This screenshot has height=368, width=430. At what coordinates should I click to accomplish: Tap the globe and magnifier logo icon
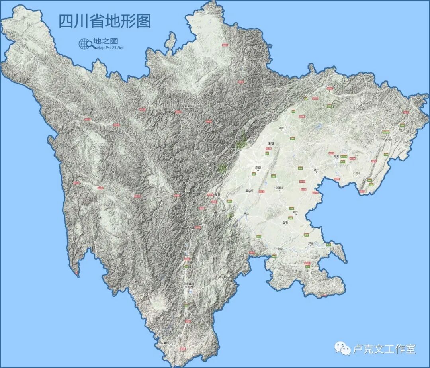(x=85, y=44)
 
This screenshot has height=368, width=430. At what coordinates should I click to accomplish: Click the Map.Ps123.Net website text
(x=110, y=48)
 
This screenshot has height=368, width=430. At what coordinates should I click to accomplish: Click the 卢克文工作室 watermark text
(x=384, y=349)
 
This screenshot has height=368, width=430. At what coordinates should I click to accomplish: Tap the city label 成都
(x=258, y=168)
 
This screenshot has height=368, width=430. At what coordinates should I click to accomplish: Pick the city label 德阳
(x=271, y=143)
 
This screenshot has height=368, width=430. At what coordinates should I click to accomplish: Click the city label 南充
(x=336, y=156)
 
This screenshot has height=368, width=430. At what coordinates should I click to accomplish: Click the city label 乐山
(x=246, y=213)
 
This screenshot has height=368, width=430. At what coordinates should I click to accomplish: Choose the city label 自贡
(x=285, y=223)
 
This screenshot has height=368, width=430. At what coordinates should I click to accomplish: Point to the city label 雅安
(x=217, y=194)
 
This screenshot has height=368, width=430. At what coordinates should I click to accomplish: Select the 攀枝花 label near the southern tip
(x=166, y=342)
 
